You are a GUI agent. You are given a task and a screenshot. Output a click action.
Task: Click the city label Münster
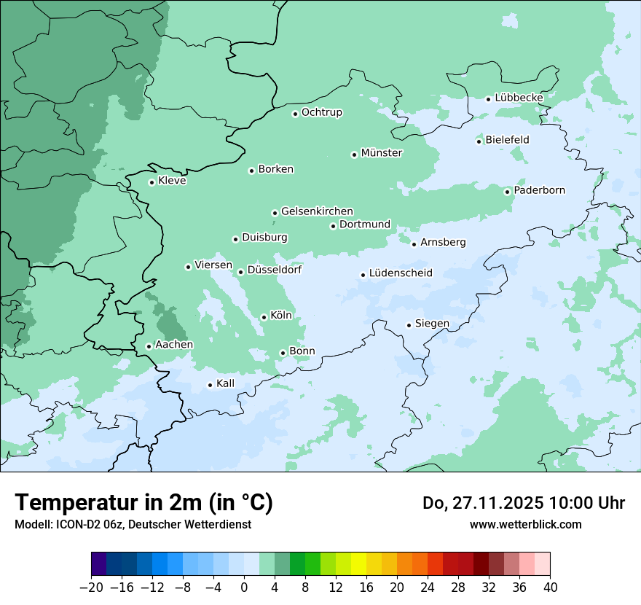pyautogui.click(x=382, y=153)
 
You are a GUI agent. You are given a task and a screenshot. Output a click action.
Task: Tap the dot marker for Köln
pyautogui.click(x=264, y=317)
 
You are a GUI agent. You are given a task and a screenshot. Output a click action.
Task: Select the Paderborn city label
pyautogui.click(x=539, y=190)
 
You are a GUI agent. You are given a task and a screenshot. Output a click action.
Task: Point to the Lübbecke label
pyautogui.click(x=519, y=98)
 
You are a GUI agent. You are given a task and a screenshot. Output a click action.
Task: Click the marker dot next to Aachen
pyautogui.click(x=149, y=346)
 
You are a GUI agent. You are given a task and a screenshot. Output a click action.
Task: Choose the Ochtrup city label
pyautogui.click(x=321, y=112)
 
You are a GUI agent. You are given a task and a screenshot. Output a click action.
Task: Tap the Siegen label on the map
pyautogui.click(x=432, y=324)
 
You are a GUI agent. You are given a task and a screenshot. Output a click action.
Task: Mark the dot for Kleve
pyautogui.click(x=152, y=182)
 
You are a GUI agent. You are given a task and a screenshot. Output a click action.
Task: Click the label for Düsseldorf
pyautogui.click(x=275, y=270)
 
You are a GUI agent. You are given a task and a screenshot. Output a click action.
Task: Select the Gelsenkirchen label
pyautogui.click(x=317, y=211)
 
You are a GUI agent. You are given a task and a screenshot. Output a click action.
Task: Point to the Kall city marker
pyautogui.click(x=210, y=385)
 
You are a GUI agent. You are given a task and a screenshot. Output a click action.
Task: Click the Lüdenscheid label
pyautogui.click(x=401, y=273)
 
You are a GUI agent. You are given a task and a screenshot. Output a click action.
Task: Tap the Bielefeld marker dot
pyautogui.click(x=479, y=141)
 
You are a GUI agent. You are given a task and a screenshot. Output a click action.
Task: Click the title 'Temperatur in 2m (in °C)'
pyautogui.click(x=143, y=503)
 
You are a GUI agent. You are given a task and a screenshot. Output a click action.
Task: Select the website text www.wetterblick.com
pyautogui.click(x=525, y=524)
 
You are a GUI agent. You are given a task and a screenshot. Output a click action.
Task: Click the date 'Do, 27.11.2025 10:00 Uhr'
pyautogui.click(x=523, y=503)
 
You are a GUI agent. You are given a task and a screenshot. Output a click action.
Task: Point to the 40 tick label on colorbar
pyautogui.click(x=550, y=588)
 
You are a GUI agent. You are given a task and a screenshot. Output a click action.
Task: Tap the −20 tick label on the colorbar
pyautogui.click(x=91, y=588)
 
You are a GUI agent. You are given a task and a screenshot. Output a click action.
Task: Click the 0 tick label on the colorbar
pyautogui.click(x=244, y=588)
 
